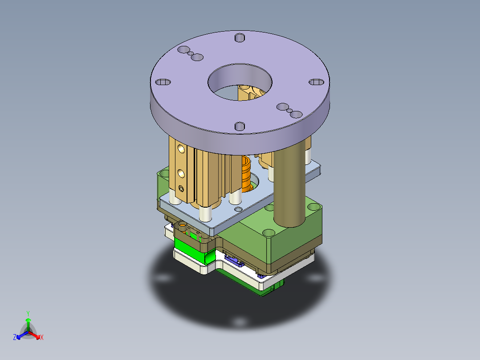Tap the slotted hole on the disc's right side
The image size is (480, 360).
[x=317, y=82]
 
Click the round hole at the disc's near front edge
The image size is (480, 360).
[x=240, y=127]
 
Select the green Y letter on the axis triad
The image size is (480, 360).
[x=28, y=313]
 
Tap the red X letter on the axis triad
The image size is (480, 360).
[x=42, y=338]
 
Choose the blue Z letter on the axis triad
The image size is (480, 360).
[x=15, y=338]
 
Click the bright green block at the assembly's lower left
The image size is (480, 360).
[x=187, y=246]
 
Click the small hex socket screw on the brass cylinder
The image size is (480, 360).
[x=181, y=188]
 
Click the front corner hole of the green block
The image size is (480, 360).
[x=268, y=233]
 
